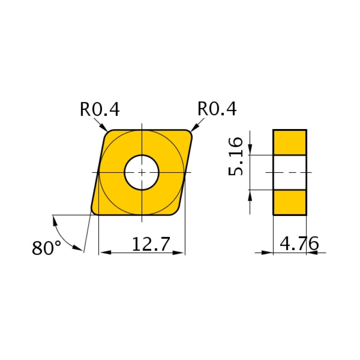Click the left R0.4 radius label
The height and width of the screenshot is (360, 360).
[x=100, y=109]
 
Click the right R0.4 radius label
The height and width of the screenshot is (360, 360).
[x=217, y=109]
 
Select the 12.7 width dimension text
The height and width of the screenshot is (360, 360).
[x=150, y=245]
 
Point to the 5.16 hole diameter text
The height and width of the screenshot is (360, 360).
[x=236, y=156]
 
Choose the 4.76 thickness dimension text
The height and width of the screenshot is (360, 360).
[x=299, y=244]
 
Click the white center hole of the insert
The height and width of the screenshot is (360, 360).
[x=142, y=172]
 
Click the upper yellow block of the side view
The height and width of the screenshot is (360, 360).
[x=290, y=142]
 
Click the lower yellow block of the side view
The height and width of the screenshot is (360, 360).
[x=290, y=202]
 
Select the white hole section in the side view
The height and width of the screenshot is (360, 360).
[x=290, y=172]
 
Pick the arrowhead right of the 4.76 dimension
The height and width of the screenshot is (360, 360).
[x=312, y=253]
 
